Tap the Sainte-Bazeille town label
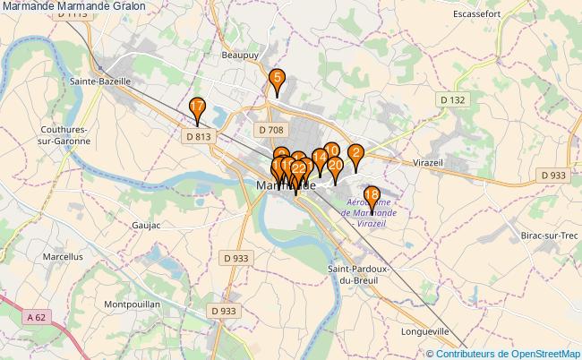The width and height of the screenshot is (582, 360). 100,81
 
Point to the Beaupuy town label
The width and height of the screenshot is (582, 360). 239,55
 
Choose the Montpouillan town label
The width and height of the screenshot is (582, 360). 132,304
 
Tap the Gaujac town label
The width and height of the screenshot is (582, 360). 145,225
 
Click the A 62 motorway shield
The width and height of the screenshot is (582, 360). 36,316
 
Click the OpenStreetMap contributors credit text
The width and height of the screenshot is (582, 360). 508,354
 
